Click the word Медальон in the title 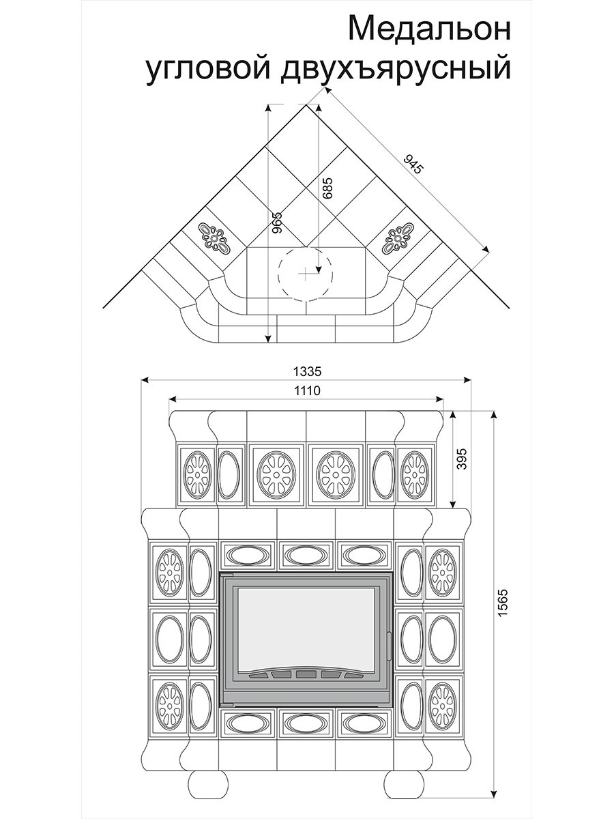point(430,29)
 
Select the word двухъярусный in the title point(396,70)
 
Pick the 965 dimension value point(277,222)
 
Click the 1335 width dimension point(307,372)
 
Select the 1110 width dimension point(307,390)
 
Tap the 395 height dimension point(462,459)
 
